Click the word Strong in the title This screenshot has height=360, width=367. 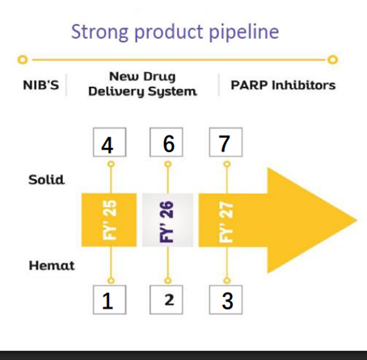coord(99,32)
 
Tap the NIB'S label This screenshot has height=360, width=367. coord(41,85)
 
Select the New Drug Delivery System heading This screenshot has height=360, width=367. coord(142,84)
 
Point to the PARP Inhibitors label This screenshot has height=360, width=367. coord(283,85)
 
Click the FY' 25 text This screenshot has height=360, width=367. coord(110,220)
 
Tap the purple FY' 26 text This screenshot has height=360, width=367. coord(167,222)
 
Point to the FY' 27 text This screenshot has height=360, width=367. coord(226,222)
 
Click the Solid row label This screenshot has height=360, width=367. coord(47,180)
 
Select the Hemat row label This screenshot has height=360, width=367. coord(52,265)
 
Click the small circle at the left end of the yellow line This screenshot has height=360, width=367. coord(23,60)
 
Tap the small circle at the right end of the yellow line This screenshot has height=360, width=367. coord(333,59)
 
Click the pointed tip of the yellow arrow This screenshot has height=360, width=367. coord(356,220)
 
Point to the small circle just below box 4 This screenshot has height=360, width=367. coord(111,164)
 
